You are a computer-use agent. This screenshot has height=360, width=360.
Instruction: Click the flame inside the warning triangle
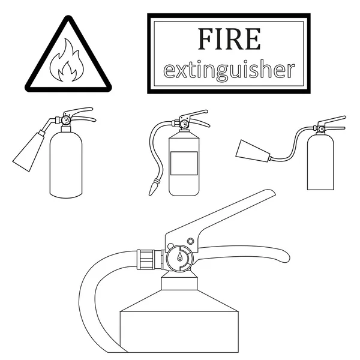click(x=67, y=61)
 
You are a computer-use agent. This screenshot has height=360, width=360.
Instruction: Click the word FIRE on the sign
click(x=229, y=39)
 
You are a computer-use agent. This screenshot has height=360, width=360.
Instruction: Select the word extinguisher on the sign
click(x=229, y=70)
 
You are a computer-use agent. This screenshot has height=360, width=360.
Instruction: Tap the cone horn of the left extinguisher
click(x=29, y=151)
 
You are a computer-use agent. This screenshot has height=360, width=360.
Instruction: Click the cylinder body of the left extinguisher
click(x=66, y=165)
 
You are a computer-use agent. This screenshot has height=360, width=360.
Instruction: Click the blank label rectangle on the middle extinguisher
click(x=184, y=163)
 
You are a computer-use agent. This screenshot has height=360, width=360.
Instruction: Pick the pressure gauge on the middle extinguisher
click(x=184, y=124)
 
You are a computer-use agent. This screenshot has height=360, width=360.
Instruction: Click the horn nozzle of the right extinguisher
click(x=253, y=151)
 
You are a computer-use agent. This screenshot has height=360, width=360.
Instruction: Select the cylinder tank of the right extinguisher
click(x=320, y=163)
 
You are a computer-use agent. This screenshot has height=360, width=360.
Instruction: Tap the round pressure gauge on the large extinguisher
click(x=180, y=258)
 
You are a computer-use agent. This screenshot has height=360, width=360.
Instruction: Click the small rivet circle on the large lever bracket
click(x=190, y=241)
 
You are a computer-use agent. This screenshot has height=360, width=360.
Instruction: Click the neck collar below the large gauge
click(x=179, y=283)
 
